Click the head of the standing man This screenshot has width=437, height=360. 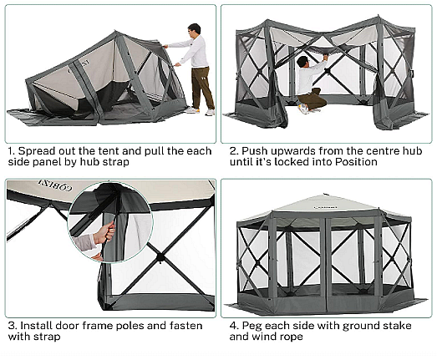pos(194,29)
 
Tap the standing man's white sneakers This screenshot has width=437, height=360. pos(200,111)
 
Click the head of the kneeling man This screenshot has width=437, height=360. pos(303,61)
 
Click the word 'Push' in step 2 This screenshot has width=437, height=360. pos(255,151)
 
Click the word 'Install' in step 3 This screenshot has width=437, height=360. pos(36,326)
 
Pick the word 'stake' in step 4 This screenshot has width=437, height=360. pos(396,326)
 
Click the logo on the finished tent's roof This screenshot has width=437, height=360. pos(325,207)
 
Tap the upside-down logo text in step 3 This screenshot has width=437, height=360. pos(55,185)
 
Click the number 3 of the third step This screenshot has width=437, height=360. pos(11,326)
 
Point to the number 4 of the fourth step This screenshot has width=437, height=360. pos(233,326)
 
